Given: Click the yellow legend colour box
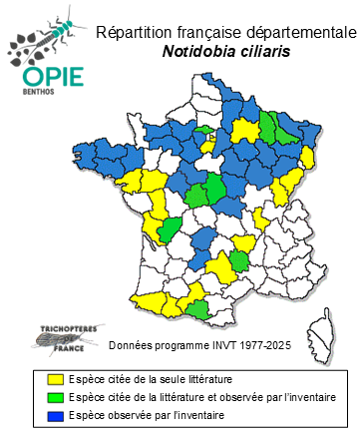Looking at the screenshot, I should click(x=57, y=380).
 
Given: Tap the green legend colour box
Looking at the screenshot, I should click(x=57, y=397).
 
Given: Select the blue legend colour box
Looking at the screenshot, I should click(x=57, y=414).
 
